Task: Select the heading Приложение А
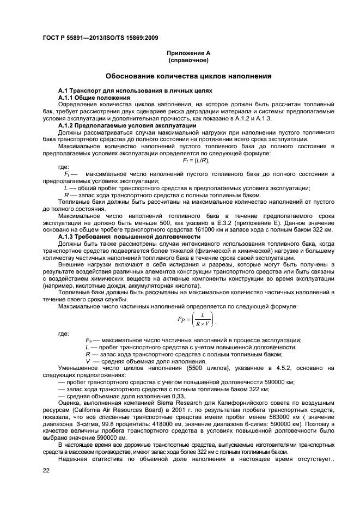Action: (x=188, y=53)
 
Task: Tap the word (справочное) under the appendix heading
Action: (x=188, y=59)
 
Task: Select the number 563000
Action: (x=285, y=417)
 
